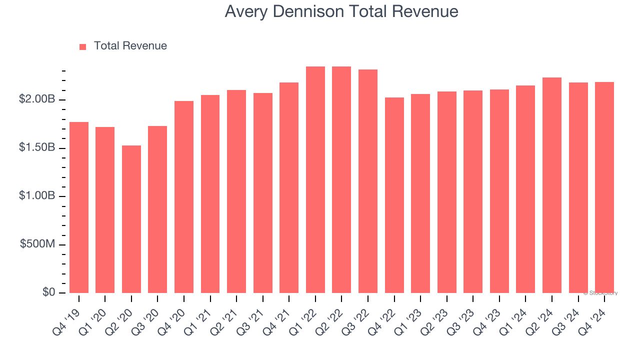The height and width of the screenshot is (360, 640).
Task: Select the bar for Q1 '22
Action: [315, 179]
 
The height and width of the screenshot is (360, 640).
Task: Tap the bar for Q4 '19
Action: [79, 207]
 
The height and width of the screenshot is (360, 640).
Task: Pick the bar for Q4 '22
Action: [394, 195]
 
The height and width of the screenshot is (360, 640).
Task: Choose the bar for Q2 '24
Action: [552, 185]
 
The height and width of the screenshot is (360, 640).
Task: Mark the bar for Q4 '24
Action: [604, 187]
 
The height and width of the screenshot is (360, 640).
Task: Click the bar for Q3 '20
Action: [157, 209]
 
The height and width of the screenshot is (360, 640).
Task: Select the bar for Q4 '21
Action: [289, 187]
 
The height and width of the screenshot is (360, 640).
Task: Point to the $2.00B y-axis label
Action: [37, 99]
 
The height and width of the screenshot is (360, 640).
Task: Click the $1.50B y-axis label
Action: [37, 148]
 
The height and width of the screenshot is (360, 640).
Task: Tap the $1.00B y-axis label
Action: [37, 196]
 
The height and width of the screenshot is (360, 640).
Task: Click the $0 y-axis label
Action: [48, 292]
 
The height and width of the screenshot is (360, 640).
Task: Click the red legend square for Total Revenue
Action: [83, 46]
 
